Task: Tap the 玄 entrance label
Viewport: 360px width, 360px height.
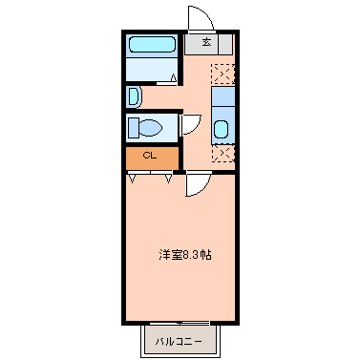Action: pos(205,42)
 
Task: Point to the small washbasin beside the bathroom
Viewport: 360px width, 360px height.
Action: pos(135,96)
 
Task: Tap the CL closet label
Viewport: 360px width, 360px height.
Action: pos(150,156)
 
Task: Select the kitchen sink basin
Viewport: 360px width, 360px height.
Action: pos(221,130)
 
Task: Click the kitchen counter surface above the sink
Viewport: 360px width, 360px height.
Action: pos(221,97)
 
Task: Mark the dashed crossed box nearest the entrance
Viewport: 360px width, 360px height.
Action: pos(221,73)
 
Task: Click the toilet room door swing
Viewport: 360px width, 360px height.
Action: pos(191,125)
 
